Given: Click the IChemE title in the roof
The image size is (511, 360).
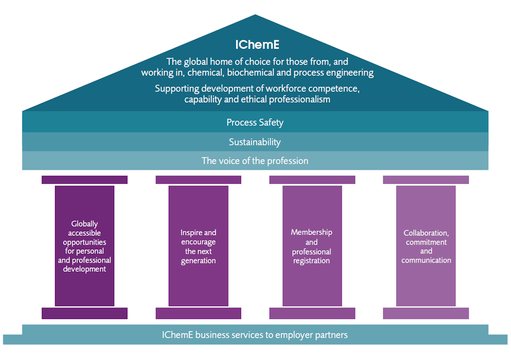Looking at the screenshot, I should [x=257, y=44].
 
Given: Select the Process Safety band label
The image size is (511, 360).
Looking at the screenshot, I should [x=255, y=122].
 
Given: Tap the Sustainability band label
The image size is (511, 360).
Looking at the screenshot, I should [x=255, y=142].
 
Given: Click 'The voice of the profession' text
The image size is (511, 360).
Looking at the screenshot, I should [x=255, y=161].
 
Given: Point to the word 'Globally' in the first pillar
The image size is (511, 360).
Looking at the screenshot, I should [x=84, y=224].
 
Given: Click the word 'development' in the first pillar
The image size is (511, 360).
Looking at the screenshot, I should [x=84, y=269].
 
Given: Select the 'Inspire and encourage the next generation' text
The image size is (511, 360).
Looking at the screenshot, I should [x=198, y=246].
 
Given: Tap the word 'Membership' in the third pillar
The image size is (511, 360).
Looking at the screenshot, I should [x=312, y=232].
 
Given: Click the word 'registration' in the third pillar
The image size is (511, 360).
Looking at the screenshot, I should [x=312, y=261].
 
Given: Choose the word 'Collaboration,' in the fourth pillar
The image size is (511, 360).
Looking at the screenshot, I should [x=426, y=233].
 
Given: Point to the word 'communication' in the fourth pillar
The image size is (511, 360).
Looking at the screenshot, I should [x=426, y=260].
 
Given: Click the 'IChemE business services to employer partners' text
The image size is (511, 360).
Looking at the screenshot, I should [x=255, y=335].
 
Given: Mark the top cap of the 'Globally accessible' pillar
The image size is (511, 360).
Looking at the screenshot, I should [x=84, y=180].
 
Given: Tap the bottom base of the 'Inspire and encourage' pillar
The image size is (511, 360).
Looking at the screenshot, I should [x=198, y=313].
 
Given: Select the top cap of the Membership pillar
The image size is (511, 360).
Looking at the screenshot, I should [x=312, y=180].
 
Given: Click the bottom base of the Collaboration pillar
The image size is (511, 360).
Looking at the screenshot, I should [x=426, y=313].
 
